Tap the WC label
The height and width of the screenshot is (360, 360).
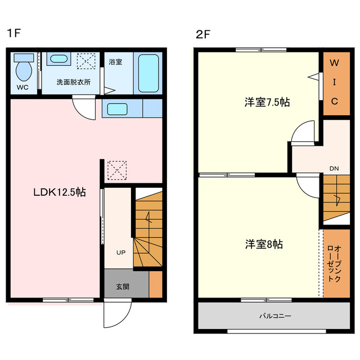(x=22, y=88)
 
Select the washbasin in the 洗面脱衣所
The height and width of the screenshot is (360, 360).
(x=58, y=58)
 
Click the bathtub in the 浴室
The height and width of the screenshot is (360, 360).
(x=148, y=73)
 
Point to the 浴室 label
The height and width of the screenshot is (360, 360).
(x=115, y=62)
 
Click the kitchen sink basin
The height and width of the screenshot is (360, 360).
(x=118, y=109)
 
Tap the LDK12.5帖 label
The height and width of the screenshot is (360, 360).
(x=60, y=192)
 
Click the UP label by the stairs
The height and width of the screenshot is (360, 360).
(x=121, y=253)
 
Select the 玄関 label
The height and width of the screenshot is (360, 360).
(x=123, y=287)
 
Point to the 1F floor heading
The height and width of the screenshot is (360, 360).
(x=14, y=33)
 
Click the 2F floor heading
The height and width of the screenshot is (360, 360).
(x=203, y=35)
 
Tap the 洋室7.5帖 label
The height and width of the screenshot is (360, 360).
(x=267, y=102)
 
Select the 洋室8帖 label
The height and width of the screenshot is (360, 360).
(x=264, y=244)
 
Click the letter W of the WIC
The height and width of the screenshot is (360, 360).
(x=334, y=62)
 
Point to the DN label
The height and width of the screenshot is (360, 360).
(x=334, y=169)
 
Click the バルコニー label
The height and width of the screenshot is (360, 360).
(x=275, y=316)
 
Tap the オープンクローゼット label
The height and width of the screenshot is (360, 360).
(x=334, y=264)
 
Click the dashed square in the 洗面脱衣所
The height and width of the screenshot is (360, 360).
(x=86, y=61)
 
